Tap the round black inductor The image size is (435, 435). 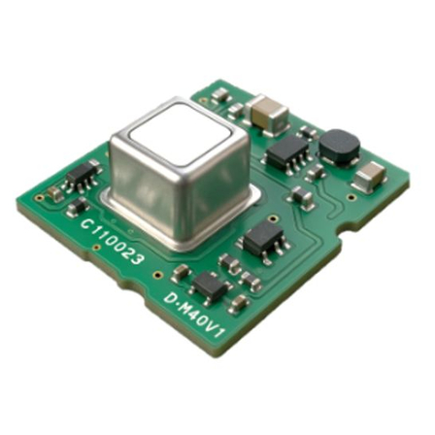[339, 147]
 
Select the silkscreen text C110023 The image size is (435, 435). [113, 241]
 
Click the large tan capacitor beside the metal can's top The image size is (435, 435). [267, 115]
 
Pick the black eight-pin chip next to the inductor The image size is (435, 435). [287, 152]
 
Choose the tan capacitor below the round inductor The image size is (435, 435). [370, 177]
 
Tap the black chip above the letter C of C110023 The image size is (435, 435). [83, 177]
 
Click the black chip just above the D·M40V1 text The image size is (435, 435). [211, 286]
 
